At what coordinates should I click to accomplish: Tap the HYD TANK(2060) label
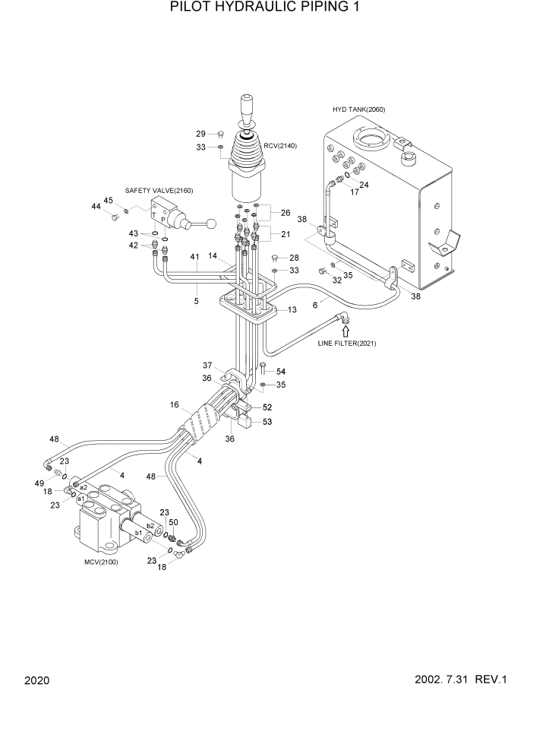(358, 109)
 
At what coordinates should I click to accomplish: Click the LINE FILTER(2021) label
(346, 344)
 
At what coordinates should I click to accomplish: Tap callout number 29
(201, 134)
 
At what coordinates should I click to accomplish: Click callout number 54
(280, 371)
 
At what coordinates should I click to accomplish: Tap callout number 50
(173, 522)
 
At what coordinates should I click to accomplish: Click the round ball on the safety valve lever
(213, 223)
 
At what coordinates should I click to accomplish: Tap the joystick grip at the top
(248, 104)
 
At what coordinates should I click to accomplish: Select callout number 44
(96, 206)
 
